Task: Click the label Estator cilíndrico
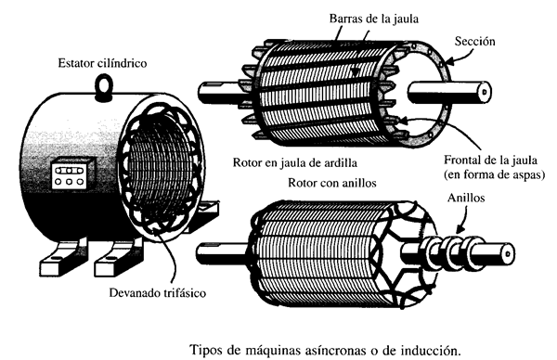[102, 63]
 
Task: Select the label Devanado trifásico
[158, 293]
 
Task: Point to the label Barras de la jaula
[374, 19]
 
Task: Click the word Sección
[475, 41]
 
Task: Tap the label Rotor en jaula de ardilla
[295, 162]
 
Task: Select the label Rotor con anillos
[331, 183]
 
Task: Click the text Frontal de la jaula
[490, 161]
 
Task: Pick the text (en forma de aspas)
[494, 174]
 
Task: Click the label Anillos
[466, 198]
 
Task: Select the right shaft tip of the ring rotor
[508, 254]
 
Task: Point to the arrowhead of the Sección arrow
[447, 63]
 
